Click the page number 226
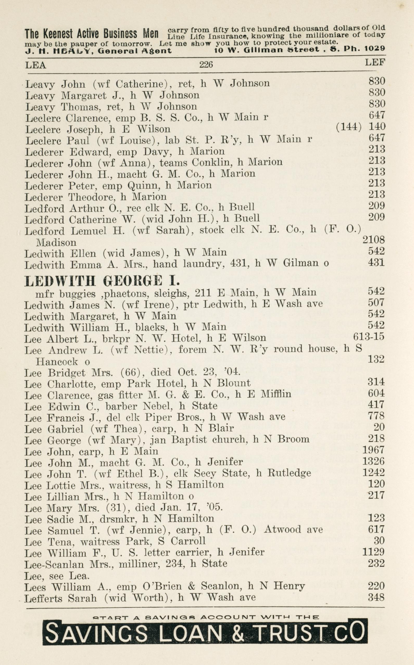pyautogui.click(x=206, y=64)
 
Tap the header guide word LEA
pyautogui.click(x=36, y=65)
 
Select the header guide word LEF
pyautogui.click(x=375, y=63)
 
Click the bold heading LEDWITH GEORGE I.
pyautogui.click(x=102, y=281)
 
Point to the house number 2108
pyautogui.click(x=373, y=240)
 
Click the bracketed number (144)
pyautogui.click(x=349, y=127)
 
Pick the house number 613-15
pyautogui.click(x=368, y=336)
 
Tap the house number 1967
pyautogui.click(x=373, y=450)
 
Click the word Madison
pyautogui.click(x=56, y=243)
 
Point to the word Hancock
pyautogui.click(x=57, y=362)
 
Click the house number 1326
pyautogui.click(x=373, y=462)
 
